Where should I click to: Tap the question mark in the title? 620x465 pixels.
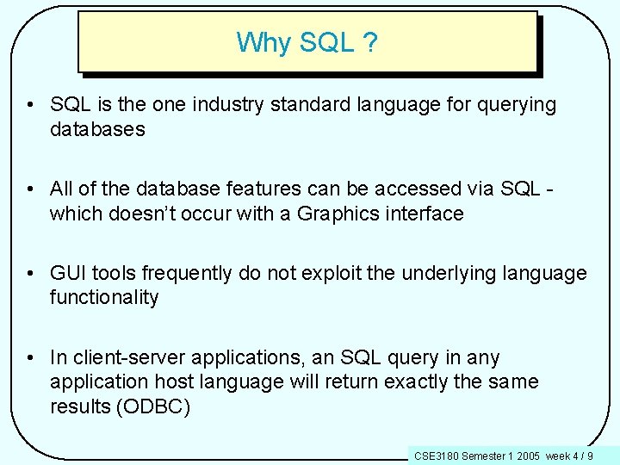click(370, 42)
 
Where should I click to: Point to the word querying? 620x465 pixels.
click(514, 106)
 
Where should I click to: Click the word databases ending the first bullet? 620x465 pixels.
click(97, 130)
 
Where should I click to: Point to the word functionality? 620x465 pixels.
click(104, 298)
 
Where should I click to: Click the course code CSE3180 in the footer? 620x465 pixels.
click(437, 456)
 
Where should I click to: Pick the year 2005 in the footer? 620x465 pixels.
click(528, 456)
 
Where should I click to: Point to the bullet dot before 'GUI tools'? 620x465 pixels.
click(32, 274)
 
